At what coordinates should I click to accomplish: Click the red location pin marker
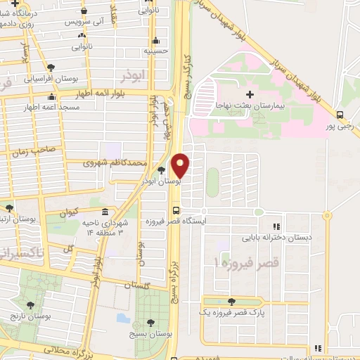click(181, 165)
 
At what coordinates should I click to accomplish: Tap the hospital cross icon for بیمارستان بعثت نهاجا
click(250, 94)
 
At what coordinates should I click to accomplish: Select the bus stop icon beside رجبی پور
click(340, 115)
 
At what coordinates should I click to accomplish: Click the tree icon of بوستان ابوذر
click(162, 170)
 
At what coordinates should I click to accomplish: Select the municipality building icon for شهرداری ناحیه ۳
click(105, 212)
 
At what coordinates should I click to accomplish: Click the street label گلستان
click(138, 285)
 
